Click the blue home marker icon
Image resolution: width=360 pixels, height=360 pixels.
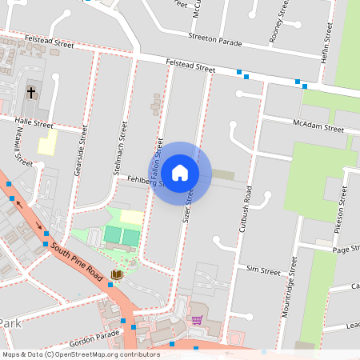coord(180,173)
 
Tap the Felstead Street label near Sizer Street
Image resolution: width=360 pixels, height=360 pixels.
coord(190,66)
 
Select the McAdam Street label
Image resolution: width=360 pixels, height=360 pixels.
coord(318,127)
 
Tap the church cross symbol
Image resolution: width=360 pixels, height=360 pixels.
coord(31,93)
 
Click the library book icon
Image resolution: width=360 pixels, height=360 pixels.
coord(117,275)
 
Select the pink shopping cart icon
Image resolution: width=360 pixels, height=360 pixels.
coord(197,321)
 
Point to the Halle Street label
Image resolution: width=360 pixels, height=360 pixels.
coord(34,125)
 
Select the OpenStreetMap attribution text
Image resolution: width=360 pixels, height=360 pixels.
coord(81,354)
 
